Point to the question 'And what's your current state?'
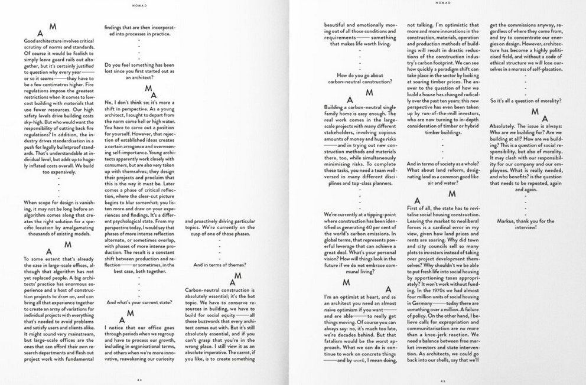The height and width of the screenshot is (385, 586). click(139, 302)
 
